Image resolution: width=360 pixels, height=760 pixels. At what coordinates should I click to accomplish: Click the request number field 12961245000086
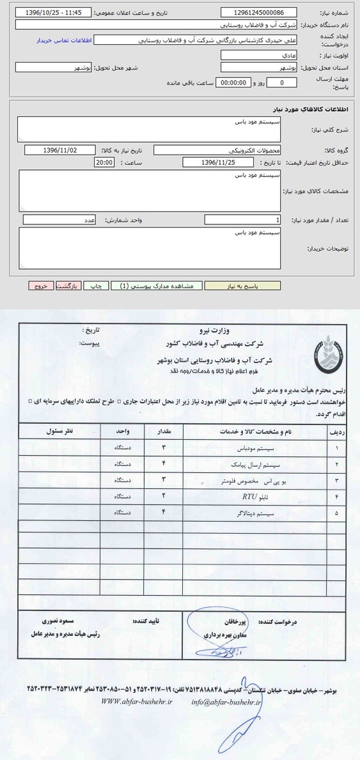(260, 12)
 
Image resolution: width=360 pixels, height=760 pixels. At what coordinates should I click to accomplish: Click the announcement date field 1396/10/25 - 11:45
(52, 12)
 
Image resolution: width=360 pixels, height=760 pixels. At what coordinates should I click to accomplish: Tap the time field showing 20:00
(104, 163)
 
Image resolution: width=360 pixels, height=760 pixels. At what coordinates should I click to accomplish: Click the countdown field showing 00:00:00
(233, 82)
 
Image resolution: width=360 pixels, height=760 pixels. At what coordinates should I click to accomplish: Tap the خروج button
(41, 286)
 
